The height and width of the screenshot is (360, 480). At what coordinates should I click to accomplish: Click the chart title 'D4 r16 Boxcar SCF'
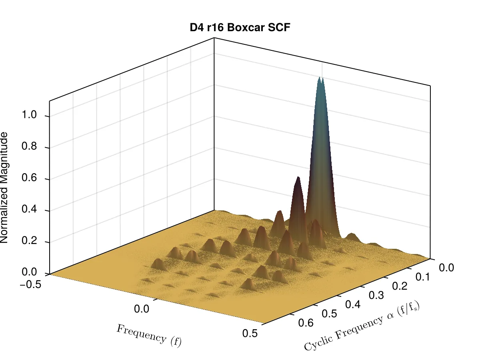point(240,28)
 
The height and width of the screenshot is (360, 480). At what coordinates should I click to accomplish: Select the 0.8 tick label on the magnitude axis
point(29,146)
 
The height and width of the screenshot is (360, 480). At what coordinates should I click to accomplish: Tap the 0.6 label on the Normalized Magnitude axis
point(29,178)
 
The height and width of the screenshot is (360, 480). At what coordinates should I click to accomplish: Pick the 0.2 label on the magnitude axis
point(29,240)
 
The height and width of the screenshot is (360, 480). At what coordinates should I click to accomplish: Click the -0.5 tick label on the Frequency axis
point(30,284)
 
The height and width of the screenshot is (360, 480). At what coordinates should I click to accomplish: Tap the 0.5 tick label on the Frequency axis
point(250,333)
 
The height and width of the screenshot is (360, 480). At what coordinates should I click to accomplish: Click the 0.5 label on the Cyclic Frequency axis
point(330,314)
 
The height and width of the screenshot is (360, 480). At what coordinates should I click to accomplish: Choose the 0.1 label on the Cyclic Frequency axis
point(423,277)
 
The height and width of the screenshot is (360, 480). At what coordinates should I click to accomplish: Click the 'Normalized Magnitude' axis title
point(4,188)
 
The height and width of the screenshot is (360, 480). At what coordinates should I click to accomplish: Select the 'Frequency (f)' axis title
point(149,336)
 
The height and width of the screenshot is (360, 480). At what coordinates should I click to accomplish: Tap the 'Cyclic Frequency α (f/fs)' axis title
point(362,326)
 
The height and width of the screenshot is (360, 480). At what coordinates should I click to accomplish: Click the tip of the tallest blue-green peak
point(320,77)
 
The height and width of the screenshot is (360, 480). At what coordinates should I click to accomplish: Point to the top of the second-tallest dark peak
point(298,177)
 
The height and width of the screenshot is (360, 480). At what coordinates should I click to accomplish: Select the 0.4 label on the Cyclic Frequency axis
point(353,304)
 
